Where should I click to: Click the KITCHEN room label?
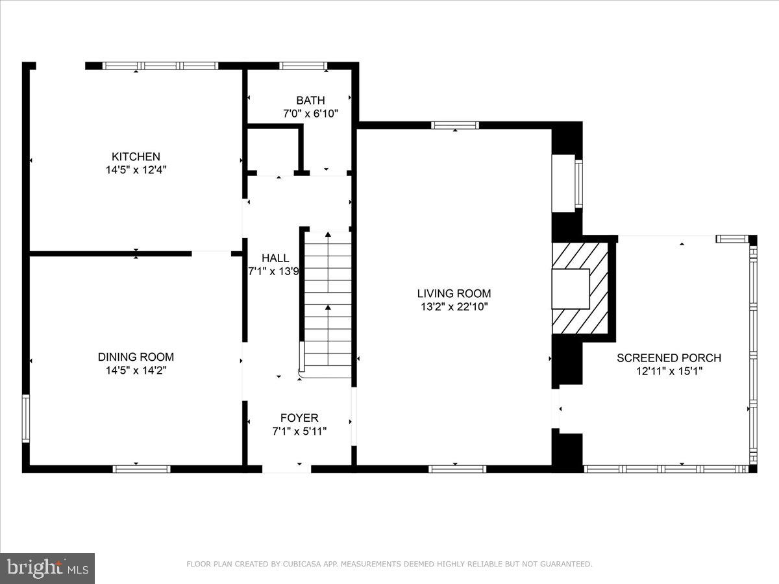coord(136,156)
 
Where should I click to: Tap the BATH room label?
coord(310,101)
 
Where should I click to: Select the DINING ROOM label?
coord(136,357)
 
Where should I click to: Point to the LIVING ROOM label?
coord(454,293)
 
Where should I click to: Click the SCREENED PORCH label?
coord(669,358)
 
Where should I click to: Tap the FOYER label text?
coord(299,418)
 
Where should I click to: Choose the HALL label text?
coord(275,258)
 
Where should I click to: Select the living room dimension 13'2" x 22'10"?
coord(454,307)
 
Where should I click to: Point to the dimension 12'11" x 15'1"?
coord(669,371)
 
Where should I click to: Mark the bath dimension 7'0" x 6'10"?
coord(310,114)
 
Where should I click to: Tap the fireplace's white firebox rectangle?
coord(571,289)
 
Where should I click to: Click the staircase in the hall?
coord(328,302)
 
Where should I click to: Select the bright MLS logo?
coord(47,568)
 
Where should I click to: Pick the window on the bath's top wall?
coord(303,66)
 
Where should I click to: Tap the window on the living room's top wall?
coord(455,125)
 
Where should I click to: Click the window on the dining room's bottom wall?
coord(142,468)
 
